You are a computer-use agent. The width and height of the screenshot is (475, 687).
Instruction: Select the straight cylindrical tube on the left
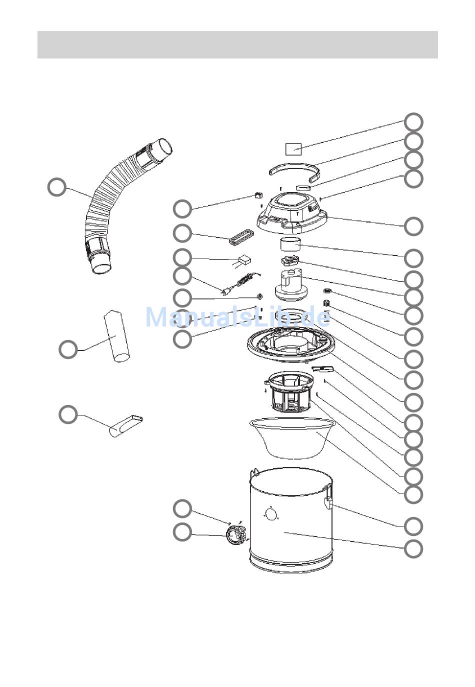coord(116,336)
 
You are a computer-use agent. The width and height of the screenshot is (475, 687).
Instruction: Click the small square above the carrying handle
coord(293,149)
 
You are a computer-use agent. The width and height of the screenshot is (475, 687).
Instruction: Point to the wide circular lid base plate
coord(290,343)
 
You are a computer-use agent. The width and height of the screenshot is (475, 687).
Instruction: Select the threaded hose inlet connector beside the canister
coord(236,535)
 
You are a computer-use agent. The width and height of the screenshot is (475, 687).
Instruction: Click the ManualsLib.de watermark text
coord(238,317)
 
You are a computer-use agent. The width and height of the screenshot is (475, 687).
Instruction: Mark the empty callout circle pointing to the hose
coord(57,187)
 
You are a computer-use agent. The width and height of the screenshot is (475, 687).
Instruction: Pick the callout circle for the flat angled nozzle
coord(68,414)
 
